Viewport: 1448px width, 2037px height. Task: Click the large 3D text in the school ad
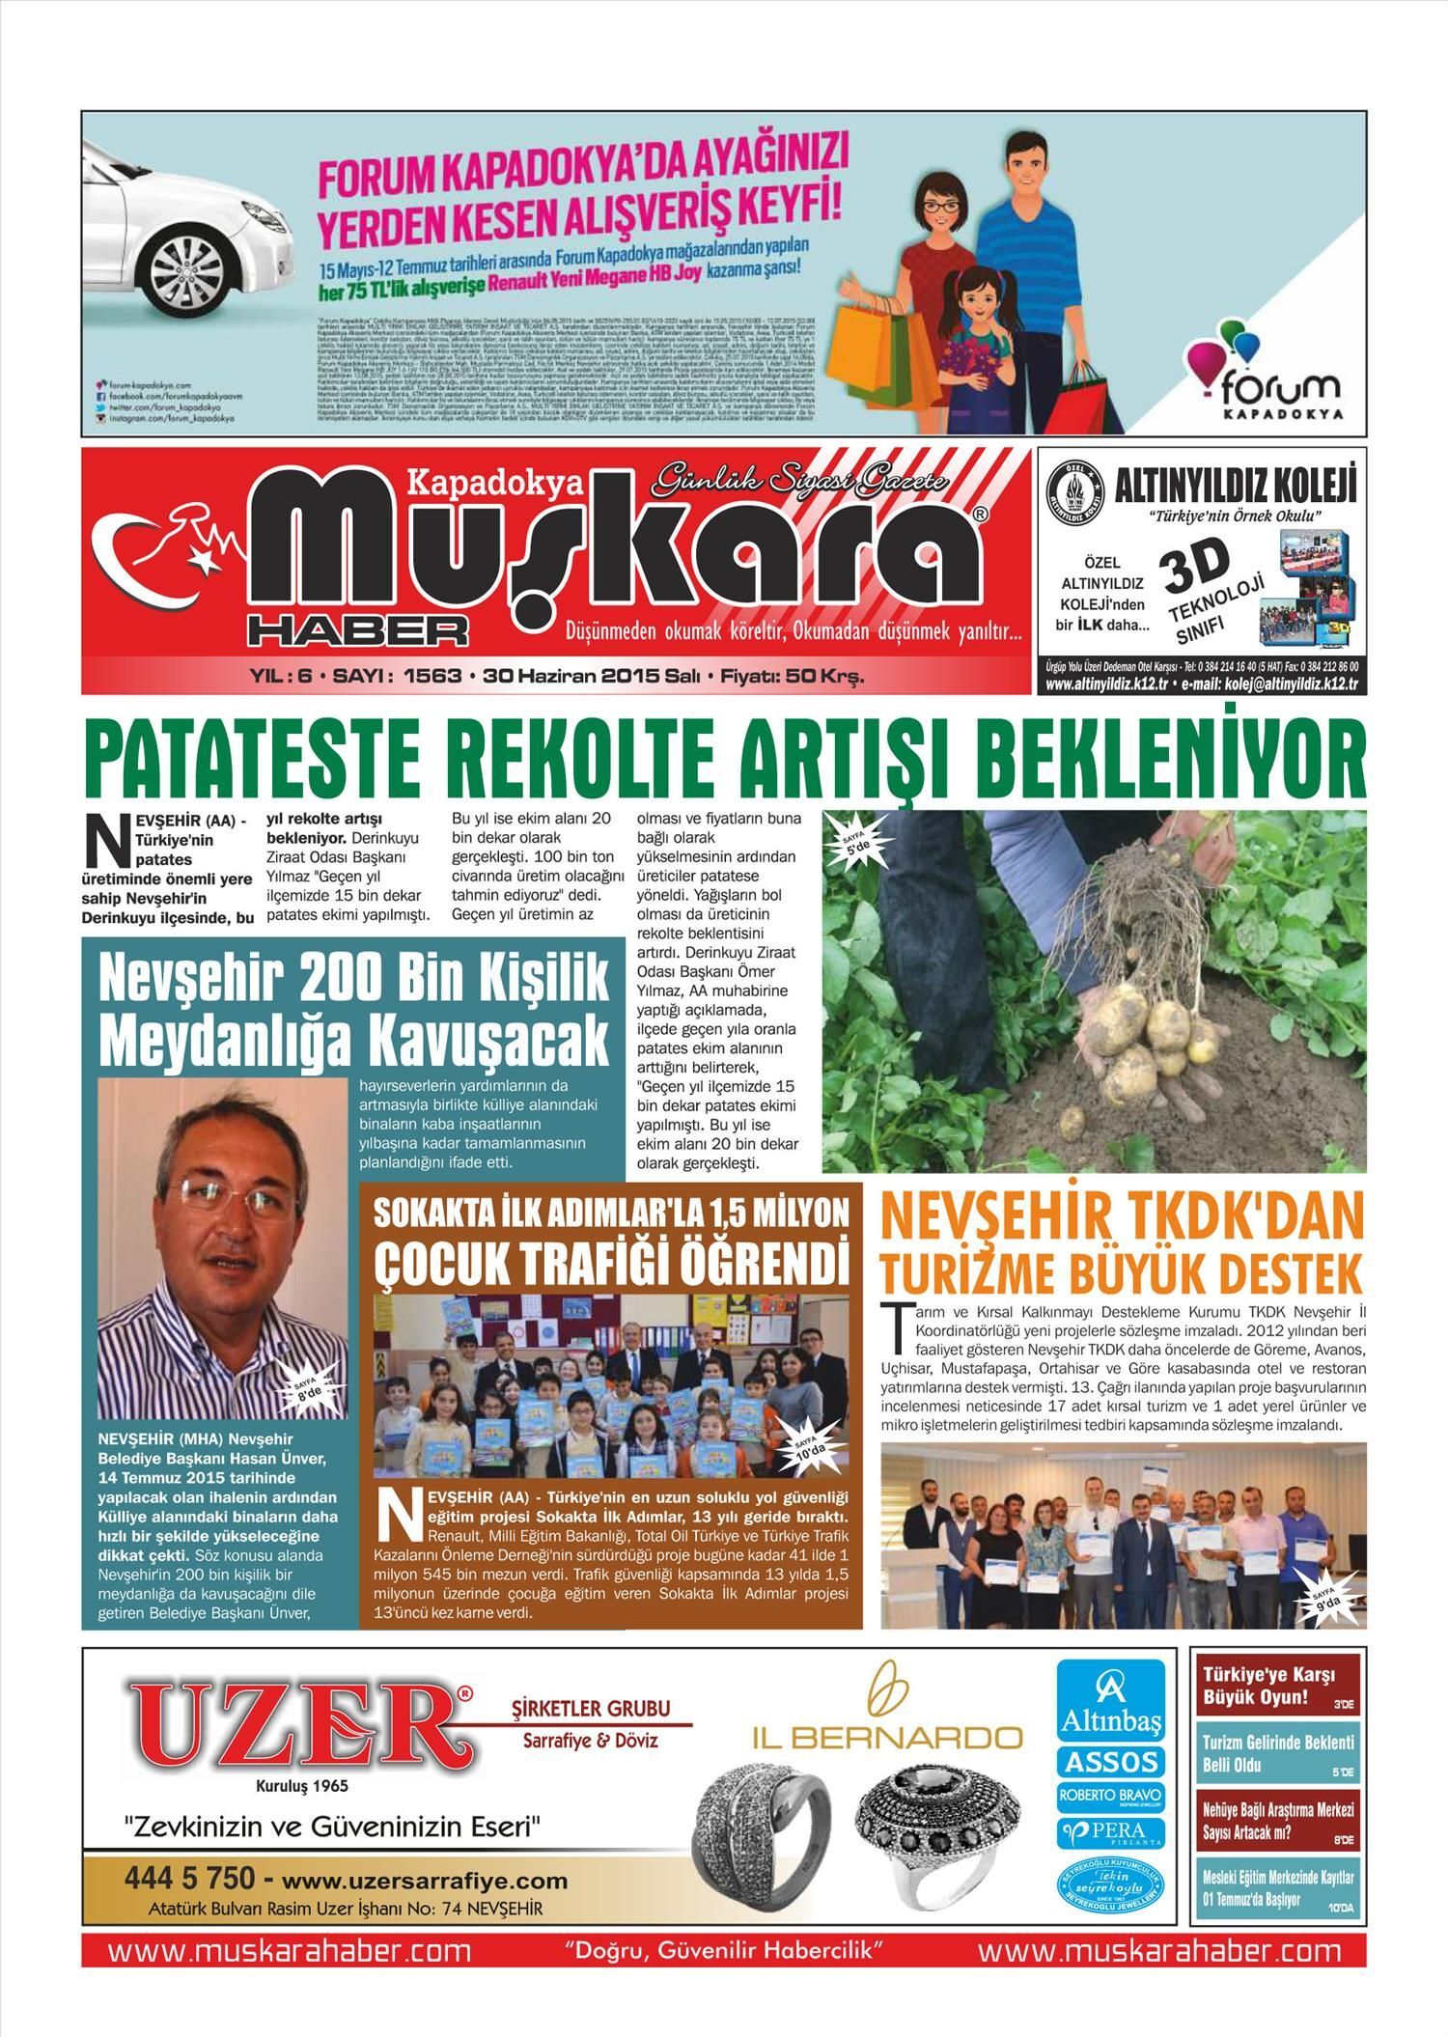click(x=1197, y=569)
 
